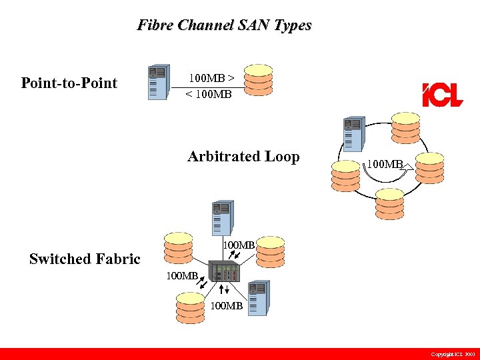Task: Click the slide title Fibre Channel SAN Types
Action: pyautogui.click(x=224, y=25)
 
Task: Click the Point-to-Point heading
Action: pyautogui.click(x=69, y=83)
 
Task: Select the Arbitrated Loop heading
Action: pyautogui.click(x=243, y=157)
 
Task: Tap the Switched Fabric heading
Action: pyautogui.click(x=85, y=259)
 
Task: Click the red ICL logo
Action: pyautogui.click(x=442, y=95)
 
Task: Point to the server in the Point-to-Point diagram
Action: pyautogui.click(x=158, y=83)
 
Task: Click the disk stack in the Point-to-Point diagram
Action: pyautogui.click(x=258, y=79)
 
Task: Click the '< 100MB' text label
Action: pyautogui.click(x=209, y=95)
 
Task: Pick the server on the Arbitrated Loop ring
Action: pyautogui.click(x=353, y=135)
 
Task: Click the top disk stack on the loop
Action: pyautogui.click(x=405, y=127)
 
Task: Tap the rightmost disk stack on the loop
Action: pyautogui.click(x=429, y=167)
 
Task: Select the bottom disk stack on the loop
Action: pyautogui.click(x=389, y=203)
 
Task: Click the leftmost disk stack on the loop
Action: pyautogui.click(x=345, y=175)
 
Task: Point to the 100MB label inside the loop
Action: pyautogui.click(x=385, y=163)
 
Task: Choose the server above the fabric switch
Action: pyautogui.click(x=221, y=218)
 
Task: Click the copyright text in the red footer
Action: pyautogui.click(x=453, y=354)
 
